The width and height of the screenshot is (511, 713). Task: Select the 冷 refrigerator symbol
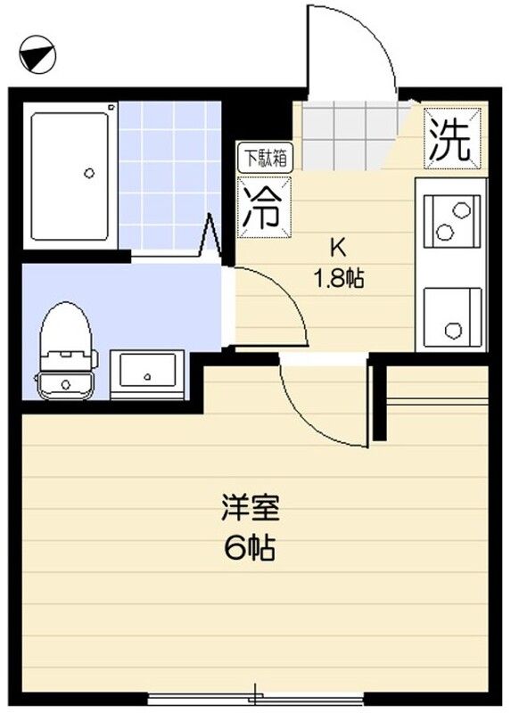260,208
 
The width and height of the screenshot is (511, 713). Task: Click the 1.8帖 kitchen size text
337,277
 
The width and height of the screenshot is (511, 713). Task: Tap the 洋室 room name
250,510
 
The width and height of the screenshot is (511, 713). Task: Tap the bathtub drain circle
88,172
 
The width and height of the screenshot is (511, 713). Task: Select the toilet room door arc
276,307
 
